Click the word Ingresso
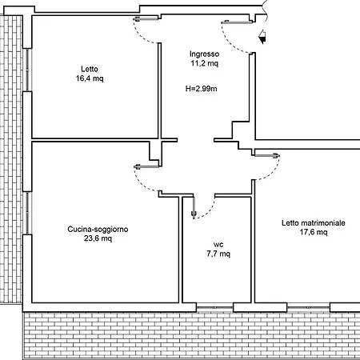(204, 54)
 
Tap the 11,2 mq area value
(204, 63)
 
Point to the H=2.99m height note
(201, 89)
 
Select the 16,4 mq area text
(90, 78)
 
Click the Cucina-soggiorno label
(98, 230)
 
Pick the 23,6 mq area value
(98, 238)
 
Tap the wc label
(218, 245)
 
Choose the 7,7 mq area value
(218, 254)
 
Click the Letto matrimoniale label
(314, 223)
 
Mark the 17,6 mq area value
(314, 232)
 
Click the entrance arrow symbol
(262, 37)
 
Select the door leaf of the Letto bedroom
(146, 18)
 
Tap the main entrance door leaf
(237, 22)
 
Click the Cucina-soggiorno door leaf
(146, 167)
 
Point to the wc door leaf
(194, 207)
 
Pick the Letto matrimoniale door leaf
(267, 155)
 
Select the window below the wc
(214, 307)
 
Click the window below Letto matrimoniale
(309, 307)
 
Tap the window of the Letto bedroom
(27, 70)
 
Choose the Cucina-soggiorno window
(27, 213)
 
